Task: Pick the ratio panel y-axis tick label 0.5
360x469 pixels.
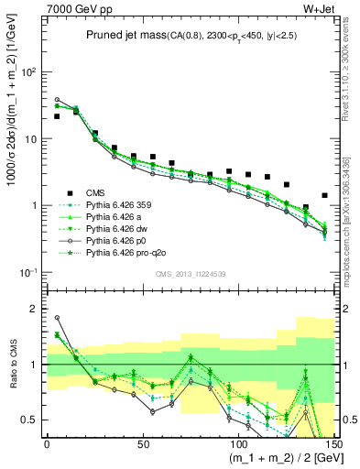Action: coord(31,420)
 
